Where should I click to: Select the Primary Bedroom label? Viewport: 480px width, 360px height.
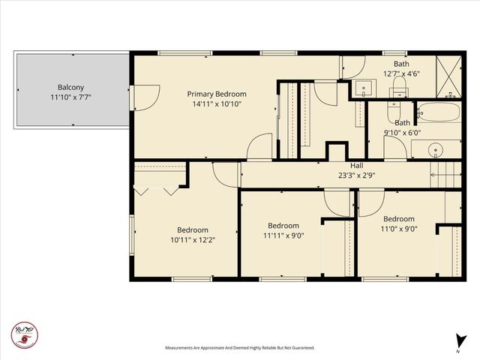coord(216,94)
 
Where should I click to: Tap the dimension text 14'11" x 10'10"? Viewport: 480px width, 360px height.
coord(216,104)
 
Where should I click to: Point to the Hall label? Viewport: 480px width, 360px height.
coord(356,166)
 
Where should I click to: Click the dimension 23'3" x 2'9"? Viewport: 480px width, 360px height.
coord(356,175)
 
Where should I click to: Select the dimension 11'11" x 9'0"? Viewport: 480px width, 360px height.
coord(283,235)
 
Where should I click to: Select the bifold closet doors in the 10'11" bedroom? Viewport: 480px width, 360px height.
coord(156,190)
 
